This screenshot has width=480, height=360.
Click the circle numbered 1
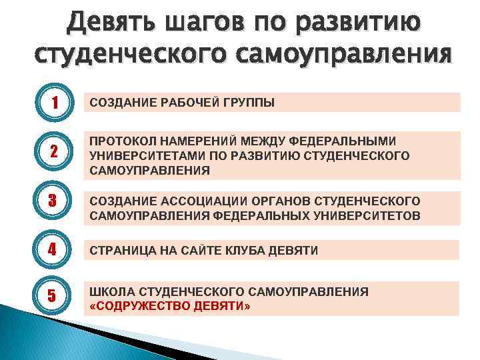point(51,102)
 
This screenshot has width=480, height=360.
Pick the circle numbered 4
point(51,251)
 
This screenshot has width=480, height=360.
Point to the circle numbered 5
point(51,297)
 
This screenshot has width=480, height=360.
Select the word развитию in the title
point(363,24)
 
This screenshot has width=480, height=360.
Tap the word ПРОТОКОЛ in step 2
point(121,141)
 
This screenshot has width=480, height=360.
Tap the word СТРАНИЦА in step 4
point(120,251)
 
